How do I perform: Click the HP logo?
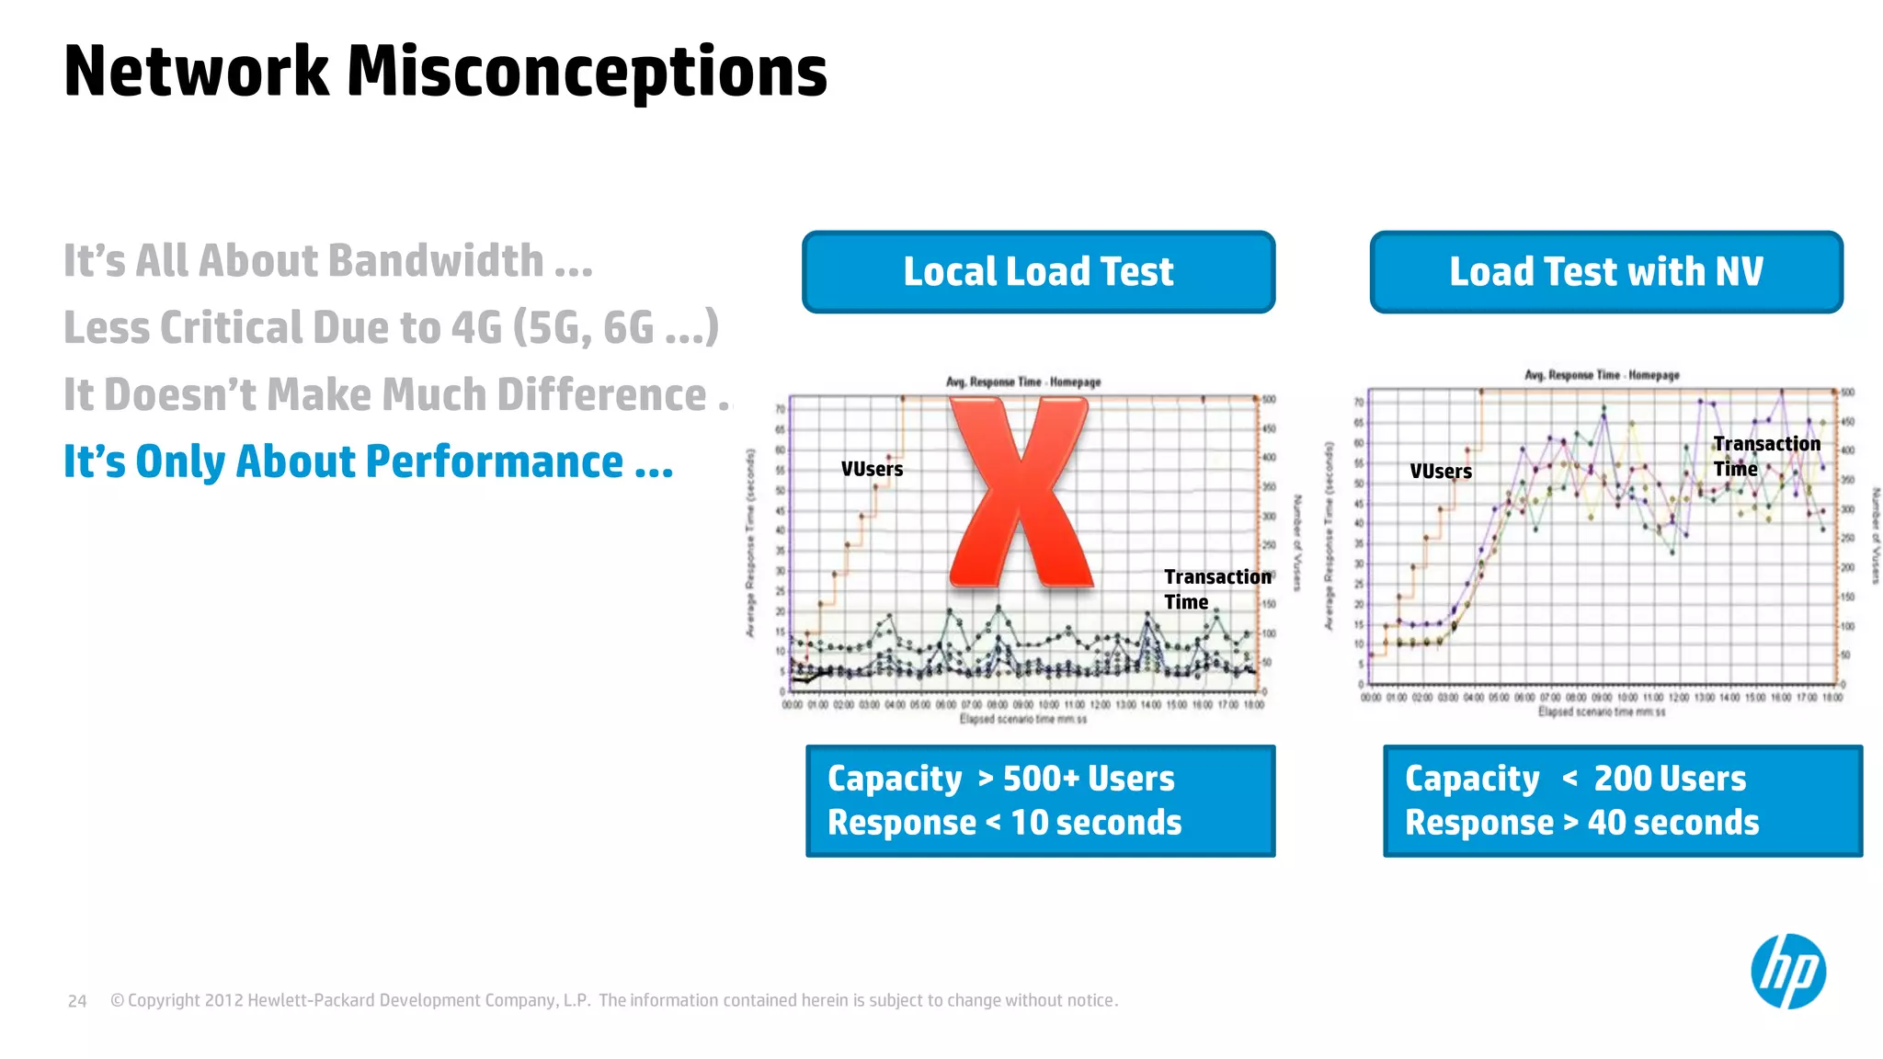[x=1787, y=971]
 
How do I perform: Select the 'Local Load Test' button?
[x=1038, y=272]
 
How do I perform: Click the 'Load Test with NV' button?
[x=1605, y=272]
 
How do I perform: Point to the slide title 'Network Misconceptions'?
[x=446, y=72]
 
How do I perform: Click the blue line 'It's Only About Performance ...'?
[x=368, y=461]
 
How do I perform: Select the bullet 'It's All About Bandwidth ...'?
[x=327, y=261]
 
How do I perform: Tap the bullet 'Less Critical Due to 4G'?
[x=391, y=328]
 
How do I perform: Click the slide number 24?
[x=77, y=1001]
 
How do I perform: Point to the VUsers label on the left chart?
[x=872, y=469]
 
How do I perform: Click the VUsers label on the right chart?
[x=1441, y=472]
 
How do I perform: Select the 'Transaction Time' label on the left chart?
[x=1216, y=589]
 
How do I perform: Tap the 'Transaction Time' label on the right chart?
[x=1765, y=456]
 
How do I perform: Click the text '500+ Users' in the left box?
[x=1089, y=779]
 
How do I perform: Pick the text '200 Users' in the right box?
[x=1670, y=779]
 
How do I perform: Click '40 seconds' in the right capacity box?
[x=1673, y=823]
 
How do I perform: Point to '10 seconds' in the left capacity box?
[x=1096, y=823]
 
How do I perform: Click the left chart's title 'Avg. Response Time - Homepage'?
[x=1023, y=381]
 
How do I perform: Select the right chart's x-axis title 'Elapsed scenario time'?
[x=1602, y=712]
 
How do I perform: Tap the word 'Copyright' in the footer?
[x=164, y=1000]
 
